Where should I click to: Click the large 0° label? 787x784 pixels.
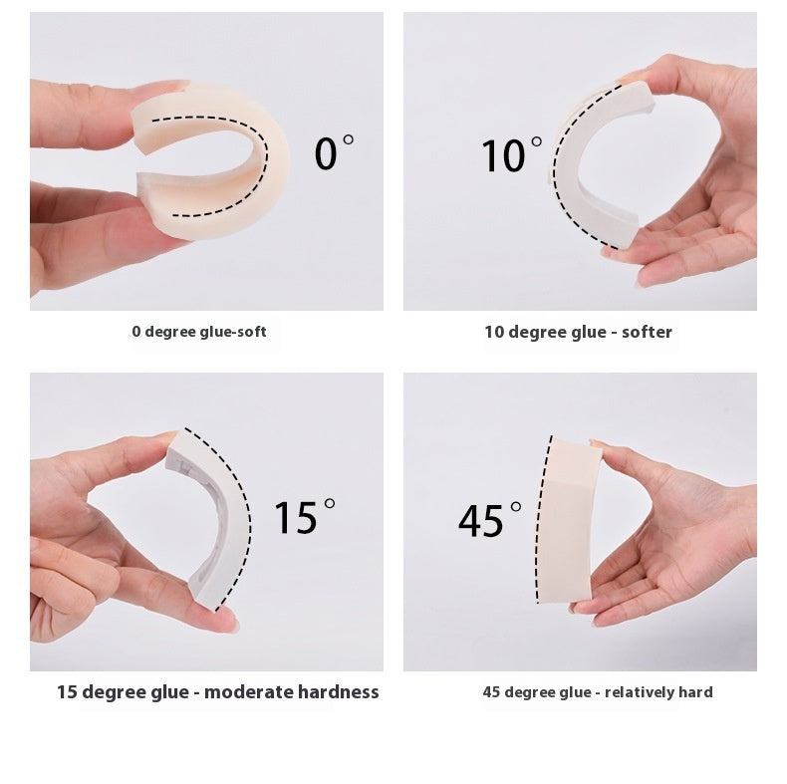tap(334, 152)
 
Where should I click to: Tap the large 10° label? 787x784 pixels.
tap(511, 155)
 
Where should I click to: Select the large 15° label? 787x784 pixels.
tap(305, 517)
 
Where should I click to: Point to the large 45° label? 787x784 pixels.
tap(489, 519)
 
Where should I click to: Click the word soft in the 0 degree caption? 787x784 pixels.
tap(252, 332)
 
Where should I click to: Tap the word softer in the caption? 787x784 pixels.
tap(647, 332)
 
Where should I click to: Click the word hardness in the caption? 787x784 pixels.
tap(339, 692)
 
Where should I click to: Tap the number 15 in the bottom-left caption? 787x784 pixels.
tap(67, 692)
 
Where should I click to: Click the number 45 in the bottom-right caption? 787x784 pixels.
tap(492, 692)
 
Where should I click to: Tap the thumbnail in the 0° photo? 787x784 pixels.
tap(166, 86)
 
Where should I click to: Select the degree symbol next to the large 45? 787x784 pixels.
tap(515, 507)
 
